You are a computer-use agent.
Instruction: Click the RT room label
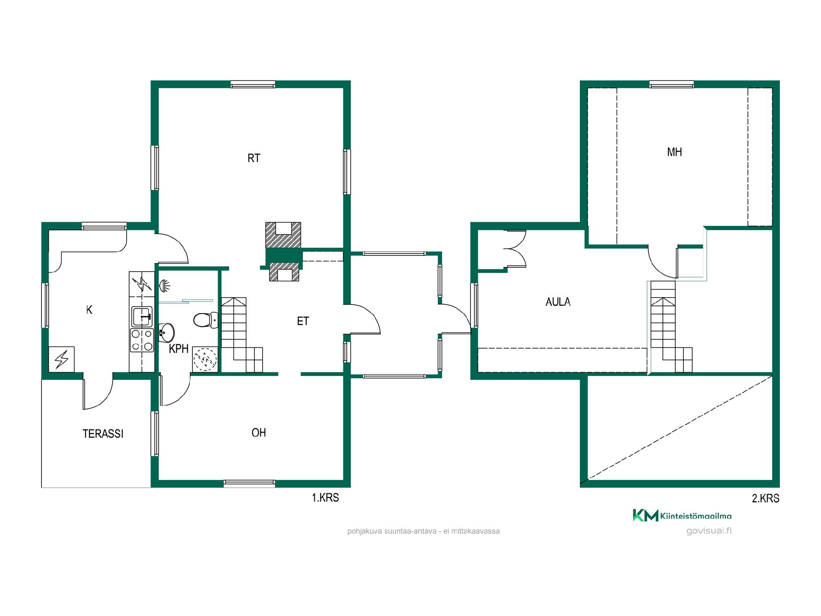point(254,158)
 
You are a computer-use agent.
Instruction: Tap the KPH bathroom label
point(179,349)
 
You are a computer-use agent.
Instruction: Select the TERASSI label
point(103,434)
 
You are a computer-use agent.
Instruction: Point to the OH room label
point(259,432)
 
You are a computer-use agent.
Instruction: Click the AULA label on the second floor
point(558,302)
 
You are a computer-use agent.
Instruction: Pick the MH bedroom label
point(674,152)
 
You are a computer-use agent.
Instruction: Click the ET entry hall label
point(303,321)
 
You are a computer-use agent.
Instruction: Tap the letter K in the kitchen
point(89,310)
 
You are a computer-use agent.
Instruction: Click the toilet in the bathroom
point(206,320)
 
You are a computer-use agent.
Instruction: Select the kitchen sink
point(142,317)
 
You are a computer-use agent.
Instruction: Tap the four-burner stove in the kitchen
point(142,340)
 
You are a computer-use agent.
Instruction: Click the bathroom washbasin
point(166,332)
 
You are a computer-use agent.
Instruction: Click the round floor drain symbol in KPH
point(205,359)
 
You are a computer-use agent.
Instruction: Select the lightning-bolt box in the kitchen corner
point(62,359)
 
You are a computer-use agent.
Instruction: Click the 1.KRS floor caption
point(325,498)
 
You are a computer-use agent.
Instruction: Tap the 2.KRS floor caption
point(765,498)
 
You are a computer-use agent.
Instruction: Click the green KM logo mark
point(645,515)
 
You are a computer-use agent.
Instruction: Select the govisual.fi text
point(709,531)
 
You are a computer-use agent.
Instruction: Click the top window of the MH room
point(672,84)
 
